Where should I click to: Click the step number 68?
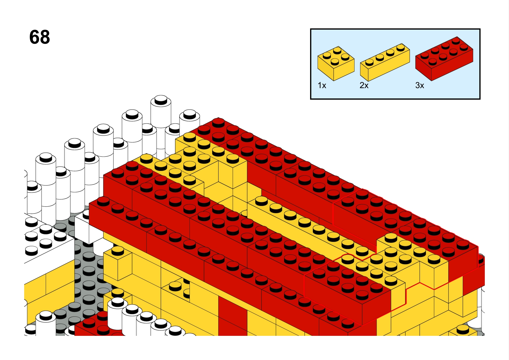click(x=40, y=37)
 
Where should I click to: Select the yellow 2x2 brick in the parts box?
click(x=336, y=63)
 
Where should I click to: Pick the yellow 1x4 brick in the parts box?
click(x=385, y=63)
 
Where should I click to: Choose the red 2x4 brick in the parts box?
click(x=444, y=59)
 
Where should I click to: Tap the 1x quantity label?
click(x=322, y=85)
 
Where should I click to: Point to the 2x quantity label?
click(x=364, y=85)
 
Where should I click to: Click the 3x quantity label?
click(x=420, y=85)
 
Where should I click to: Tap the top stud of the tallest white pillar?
click(x=161, y=100)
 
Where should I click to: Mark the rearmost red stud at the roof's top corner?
click(x=218, y=123)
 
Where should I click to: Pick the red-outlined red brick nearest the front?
click(x=348, y=293)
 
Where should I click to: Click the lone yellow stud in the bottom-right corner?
click(x=463, y=330)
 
